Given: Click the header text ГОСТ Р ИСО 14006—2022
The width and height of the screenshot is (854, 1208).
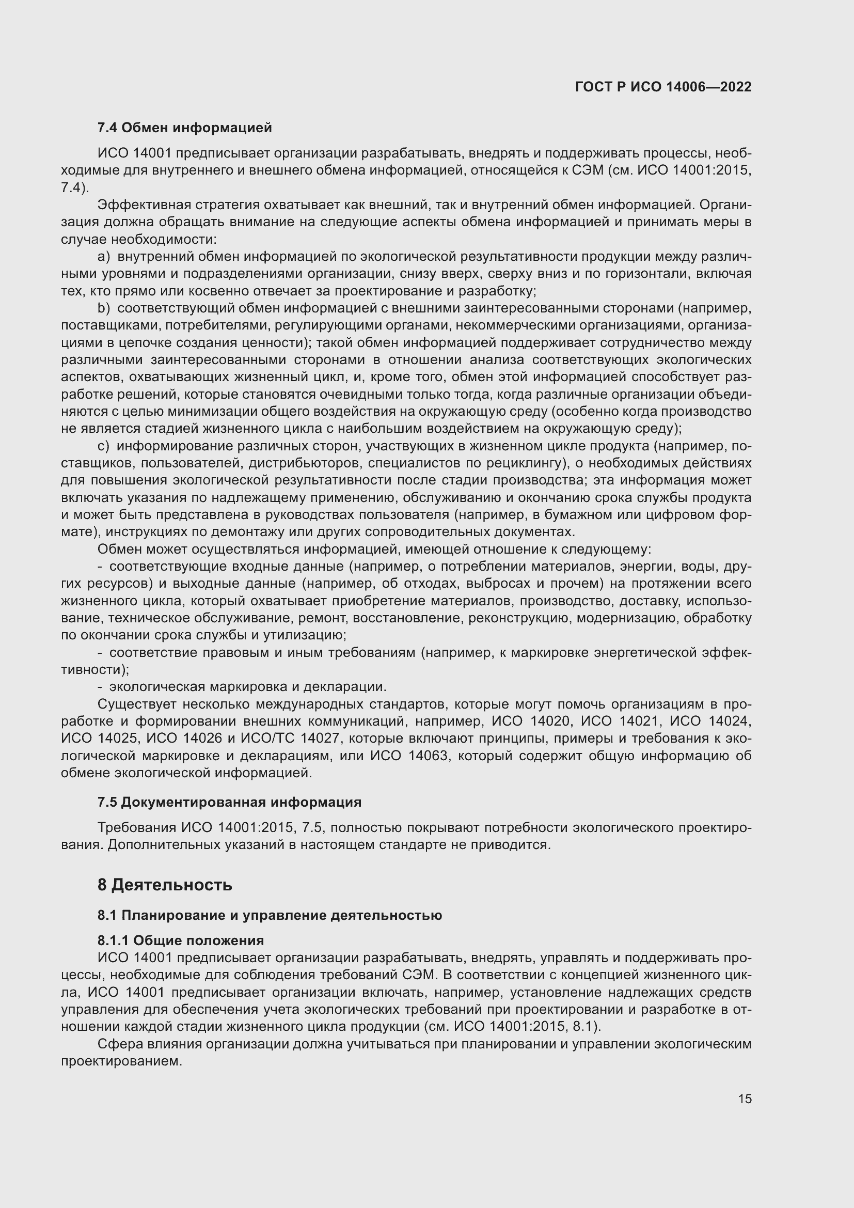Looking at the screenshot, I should pos(663,87).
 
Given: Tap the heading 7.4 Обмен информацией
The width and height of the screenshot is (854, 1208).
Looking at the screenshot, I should pos(184,128).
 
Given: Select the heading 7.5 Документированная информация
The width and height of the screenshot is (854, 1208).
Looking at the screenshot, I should pos(229,802).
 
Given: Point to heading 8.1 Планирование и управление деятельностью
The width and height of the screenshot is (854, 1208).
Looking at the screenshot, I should pos(269,915).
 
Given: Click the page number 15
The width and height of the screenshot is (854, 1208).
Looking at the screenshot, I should pos(745,1099).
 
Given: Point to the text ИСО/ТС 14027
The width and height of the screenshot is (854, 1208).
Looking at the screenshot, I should pos(290,738).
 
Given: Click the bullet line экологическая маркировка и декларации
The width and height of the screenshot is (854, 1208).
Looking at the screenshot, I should pos(247,686).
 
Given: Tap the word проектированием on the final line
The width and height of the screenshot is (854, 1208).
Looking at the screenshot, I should pos(121,1061).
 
